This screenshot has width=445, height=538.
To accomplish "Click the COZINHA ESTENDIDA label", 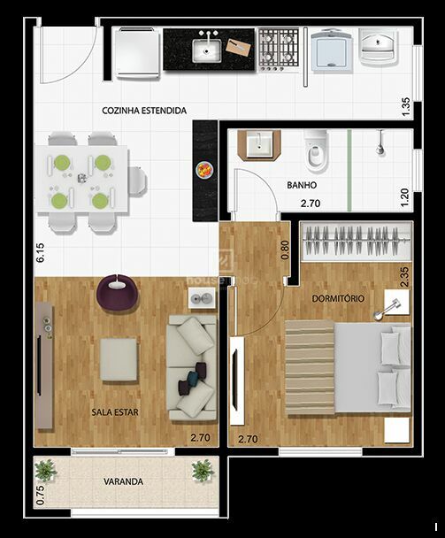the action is tap(144, 111).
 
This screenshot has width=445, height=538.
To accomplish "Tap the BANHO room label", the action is tap(302, 185).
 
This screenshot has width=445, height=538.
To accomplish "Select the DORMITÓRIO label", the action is tap(338, 298).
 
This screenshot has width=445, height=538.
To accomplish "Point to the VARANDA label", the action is tap(124, 481).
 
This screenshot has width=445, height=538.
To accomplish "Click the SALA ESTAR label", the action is tap(115, 412).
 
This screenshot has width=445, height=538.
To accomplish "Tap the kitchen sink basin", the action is tap(206, 50).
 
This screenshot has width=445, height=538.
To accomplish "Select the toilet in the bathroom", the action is tap(317, 151).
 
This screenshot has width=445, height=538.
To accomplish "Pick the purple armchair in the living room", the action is tap(118, 292).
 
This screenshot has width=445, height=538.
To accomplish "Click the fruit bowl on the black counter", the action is tap(204, 170).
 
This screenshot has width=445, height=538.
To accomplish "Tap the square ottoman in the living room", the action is tap(119, 359).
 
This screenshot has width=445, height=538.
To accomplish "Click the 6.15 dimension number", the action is tap(40, 253).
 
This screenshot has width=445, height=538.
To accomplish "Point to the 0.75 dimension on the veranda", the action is tap(40, 496).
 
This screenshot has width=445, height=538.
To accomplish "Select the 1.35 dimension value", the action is tap(405, 107).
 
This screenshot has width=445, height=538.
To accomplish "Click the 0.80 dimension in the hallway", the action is tap(285, 250).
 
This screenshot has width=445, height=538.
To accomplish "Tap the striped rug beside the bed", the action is tap(310, 367).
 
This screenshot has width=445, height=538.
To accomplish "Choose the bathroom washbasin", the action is tap(260, 145).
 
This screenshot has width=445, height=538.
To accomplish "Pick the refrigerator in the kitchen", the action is tap(138, 52).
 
